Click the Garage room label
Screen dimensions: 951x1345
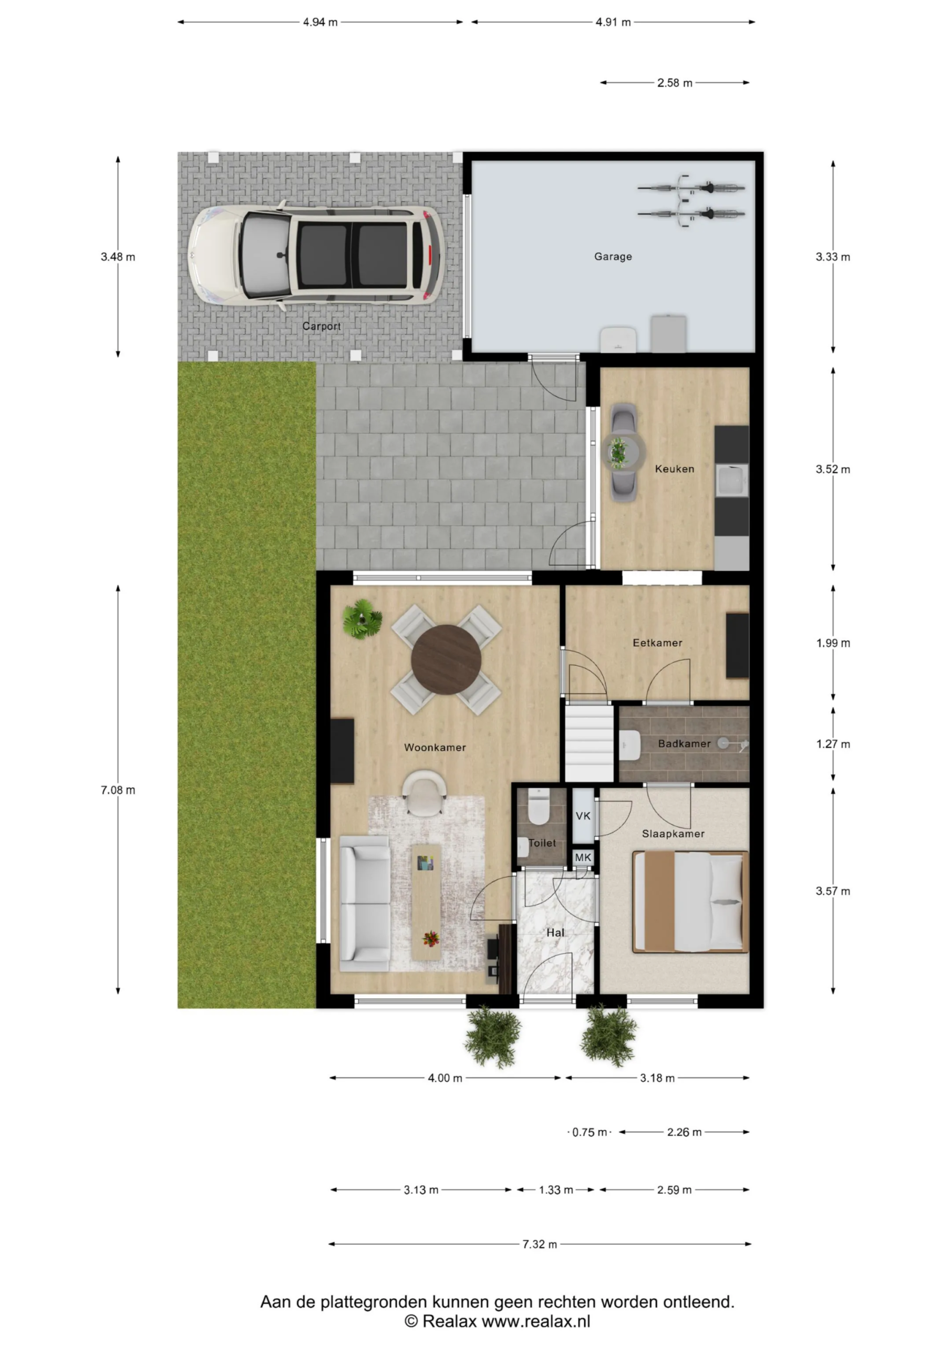(x=613, y=256)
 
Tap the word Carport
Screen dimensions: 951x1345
(x=321, y=326)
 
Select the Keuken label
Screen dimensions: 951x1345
(x=675, y=469)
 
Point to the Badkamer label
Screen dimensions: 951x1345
(x=684, y=743)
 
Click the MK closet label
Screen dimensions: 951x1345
(x=583, y=857)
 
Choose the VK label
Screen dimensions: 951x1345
(x=583, y=816)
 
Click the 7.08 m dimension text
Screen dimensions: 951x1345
(x=118, y=790)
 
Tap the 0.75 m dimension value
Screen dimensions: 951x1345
(x=590, y=1132)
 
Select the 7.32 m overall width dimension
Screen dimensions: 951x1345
(x=540, y=1244)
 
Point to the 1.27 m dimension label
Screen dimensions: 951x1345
(x=833, y=744)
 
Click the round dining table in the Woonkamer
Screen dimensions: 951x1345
(x=446, y=659)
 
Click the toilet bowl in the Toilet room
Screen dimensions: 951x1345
(x=539, y=806)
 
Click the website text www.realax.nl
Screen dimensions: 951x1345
(x=535, y=1321)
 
